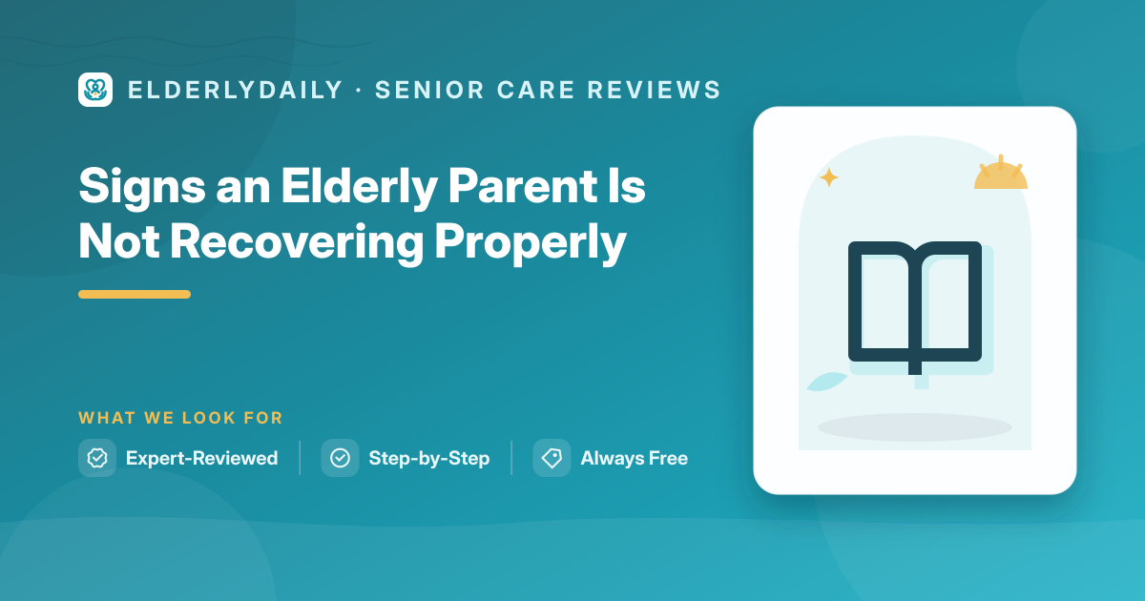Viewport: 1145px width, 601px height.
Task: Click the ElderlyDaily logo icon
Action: point(95,90)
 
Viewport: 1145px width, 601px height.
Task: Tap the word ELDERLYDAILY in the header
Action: point(235,90)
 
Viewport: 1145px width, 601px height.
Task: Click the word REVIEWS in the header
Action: point(654,90)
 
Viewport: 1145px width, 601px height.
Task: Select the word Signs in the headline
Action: point(142,187)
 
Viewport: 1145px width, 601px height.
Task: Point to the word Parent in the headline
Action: point(523,185)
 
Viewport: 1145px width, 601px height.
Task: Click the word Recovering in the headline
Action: point(297,243)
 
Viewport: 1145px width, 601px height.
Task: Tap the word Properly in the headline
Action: point(531,243)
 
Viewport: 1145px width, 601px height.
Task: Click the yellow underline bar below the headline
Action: point(135,295)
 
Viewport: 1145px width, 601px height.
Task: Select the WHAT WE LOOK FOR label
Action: point(180,418)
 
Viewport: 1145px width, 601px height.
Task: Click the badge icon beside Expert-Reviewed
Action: point(97,458)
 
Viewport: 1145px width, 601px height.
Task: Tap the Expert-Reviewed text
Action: point(202,458)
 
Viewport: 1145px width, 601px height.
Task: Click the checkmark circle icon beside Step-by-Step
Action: point(340,458)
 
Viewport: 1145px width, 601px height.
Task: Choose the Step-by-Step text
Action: point(429,459)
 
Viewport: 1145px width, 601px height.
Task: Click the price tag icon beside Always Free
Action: point(552,458)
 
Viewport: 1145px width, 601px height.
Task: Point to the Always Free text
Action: point(635,459)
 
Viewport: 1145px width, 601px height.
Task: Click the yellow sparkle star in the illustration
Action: point(829,177)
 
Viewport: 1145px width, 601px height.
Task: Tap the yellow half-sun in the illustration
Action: point(1001,174)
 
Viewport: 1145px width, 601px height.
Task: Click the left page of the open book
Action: point(885,301)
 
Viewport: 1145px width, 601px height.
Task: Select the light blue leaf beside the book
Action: point(827,382)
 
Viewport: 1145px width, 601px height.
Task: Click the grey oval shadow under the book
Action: point(915,427)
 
